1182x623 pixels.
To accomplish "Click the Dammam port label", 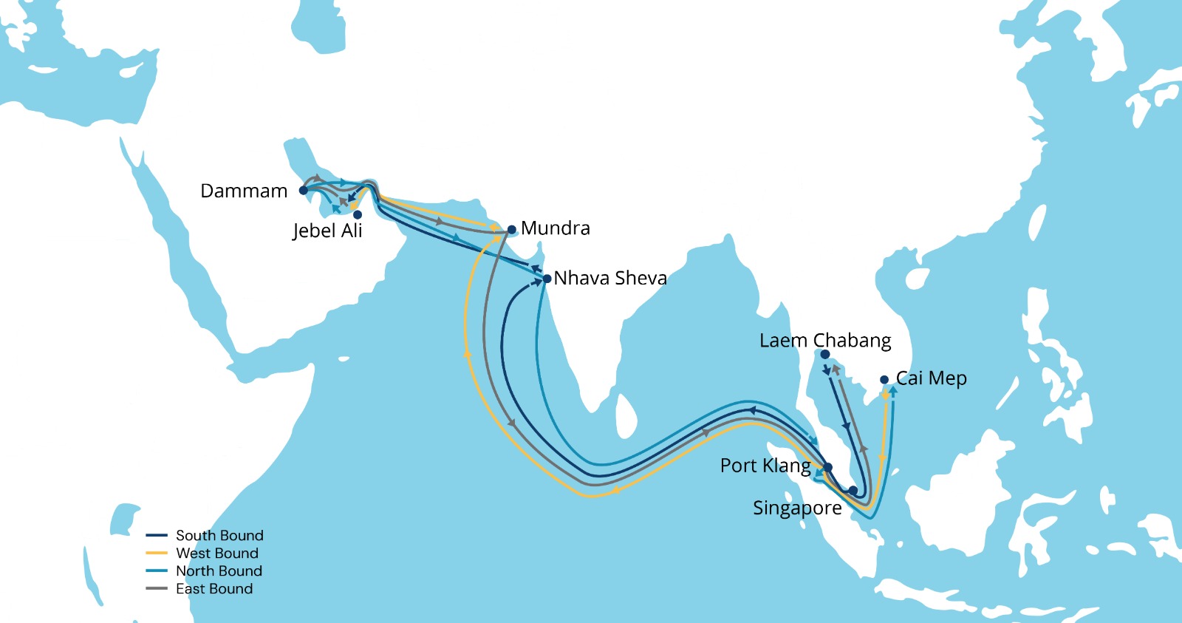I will tap(244, 191).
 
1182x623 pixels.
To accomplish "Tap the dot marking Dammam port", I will tap(304, 190).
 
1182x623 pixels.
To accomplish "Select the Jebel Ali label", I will tap(327, 231).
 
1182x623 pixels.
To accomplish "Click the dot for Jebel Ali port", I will tap(358, 214).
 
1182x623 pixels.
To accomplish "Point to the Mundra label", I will tap(556, 228).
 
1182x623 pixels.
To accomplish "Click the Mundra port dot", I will tap(511, 230).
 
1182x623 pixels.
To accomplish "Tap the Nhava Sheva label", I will tap(610, 278).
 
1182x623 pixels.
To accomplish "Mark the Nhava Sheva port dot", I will tap(547, 279).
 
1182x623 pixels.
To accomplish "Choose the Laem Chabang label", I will tap(825, 341).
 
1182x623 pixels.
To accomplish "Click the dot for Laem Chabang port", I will tap(825, 355).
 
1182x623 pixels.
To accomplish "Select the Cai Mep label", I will tap(932, 378).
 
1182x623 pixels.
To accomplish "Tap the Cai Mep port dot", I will tap(884, 380).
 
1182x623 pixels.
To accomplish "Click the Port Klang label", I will tap(765, 466).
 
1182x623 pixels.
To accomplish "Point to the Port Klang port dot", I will tap(828, 467).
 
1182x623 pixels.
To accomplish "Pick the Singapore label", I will tap(797, 508).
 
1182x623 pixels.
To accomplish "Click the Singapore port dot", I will tap(853, 491).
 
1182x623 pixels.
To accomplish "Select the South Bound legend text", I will tap(219, 535).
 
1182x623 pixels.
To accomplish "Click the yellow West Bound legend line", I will tap(157, 553).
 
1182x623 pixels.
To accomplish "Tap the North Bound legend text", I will tap(219, 571).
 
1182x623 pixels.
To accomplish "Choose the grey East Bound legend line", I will tap(157, 588).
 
